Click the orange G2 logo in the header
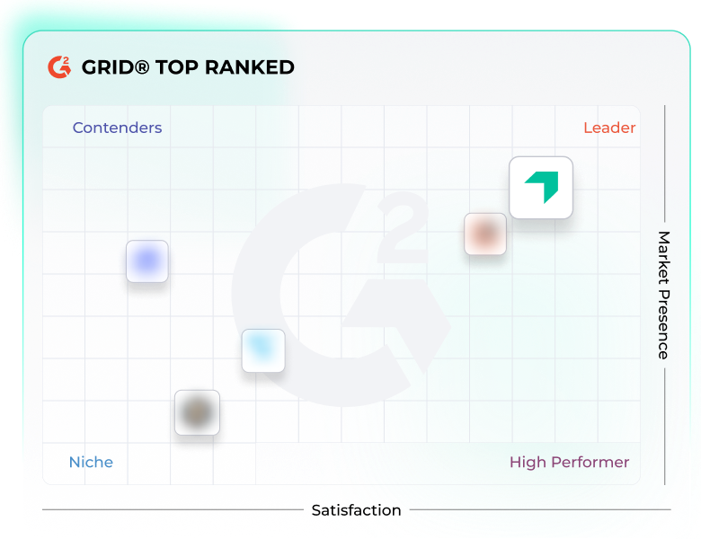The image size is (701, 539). pyautogui.click(x=59, y=67)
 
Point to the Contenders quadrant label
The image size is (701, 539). pyautogui.click(x=117, y=128)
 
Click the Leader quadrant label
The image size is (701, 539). pyautogui.click(x=609, y=128)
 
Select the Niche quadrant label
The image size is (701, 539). pyautogui.click(x=91, y=462)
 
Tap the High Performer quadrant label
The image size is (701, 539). pyautogui.click(x=569, y=462)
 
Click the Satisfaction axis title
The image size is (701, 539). pyautogui.click(x=356, y=510)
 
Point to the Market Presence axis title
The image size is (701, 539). pyautogui.click(x=663, y=295)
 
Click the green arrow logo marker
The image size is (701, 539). pyautogui.click(x=541, y=187)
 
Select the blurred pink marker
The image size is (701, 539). pyautogui.click(x=485, y=234)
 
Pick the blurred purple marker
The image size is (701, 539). pyautogui.click(x=147, y=261)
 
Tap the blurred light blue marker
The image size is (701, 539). pyautogui.click(x=263, y=350)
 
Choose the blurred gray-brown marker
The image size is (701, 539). pyautogui.click(x=197, y=412)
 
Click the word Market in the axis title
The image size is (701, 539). pyautogui.click(x=663, y=257)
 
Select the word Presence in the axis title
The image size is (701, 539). pyautogui.click(x=663, y=323)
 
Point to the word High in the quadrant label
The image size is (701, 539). pyautogui.click(x=527, y=462)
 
